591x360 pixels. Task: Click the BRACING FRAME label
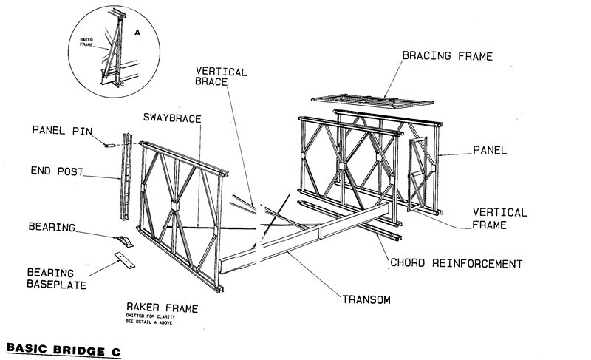(447, 56)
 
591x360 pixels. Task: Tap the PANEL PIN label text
(61, 131)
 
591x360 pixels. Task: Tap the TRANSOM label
(366, 299)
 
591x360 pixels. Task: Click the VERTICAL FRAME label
(500, 218)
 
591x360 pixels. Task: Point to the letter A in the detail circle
(137, 33)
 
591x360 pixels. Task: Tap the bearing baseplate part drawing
(125, 259)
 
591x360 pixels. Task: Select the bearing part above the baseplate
(125, 241)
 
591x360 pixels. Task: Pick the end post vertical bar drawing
(128, 177)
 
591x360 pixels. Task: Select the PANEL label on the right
(490, 150)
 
